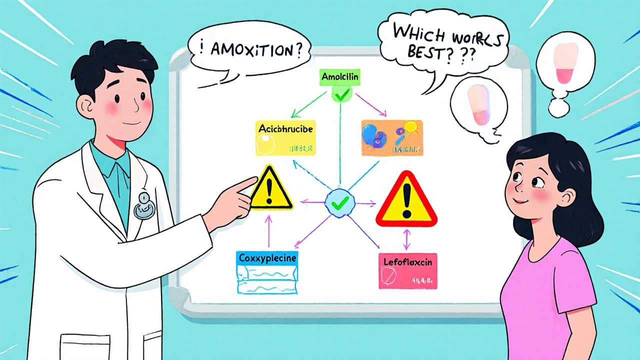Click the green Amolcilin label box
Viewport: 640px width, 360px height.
tap(339, 77)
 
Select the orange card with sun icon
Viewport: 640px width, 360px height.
tap(392, 137)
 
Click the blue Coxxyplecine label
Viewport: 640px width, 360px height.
tap(267, 258)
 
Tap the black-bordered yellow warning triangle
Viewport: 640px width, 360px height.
tap(270, 190)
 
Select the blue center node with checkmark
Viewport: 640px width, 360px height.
tap(340, 202)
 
